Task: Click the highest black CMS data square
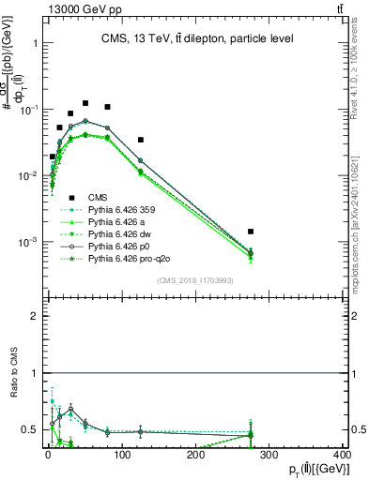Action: coord(85,103)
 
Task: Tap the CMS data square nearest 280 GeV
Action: coord(251,231)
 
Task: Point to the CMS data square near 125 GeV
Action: coord(140,140)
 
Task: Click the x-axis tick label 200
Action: coord(195,455)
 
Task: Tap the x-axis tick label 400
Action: coord(342,455)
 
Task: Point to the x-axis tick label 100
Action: coord(121,455)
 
